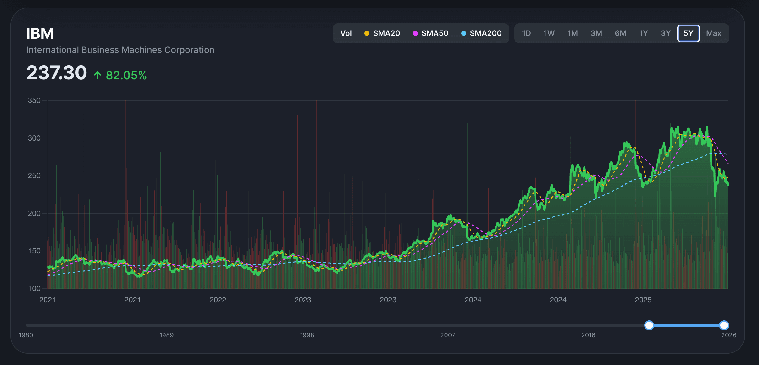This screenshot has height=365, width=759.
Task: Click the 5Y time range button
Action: coord(688,33)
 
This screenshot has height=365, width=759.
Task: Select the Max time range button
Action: coord(714,33)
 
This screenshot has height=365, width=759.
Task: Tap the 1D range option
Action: coord(526,33)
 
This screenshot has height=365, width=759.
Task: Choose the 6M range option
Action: coord(620,33)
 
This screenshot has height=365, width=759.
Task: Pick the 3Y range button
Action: coord(666,33)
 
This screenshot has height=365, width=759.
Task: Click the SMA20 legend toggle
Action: coord(382,33)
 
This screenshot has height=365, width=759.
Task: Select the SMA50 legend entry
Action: coord(430,33)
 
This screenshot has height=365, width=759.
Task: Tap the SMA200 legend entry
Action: coord(481,33)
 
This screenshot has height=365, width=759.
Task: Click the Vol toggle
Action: coord(346,33)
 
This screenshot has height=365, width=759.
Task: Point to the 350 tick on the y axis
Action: coord(34,100)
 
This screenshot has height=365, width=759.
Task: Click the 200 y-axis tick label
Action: coord(34,213)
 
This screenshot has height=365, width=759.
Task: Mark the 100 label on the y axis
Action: coord(34,289)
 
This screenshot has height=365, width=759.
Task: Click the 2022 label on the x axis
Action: coord(218,300)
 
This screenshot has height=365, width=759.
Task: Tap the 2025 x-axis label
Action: coord(643,300)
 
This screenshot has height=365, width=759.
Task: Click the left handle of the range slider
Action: coord(649,325)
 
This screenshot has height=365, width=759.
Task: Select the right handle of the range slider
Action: coord(724,325)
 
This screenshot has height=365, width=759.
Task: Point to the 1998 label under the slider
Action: coord(307,335)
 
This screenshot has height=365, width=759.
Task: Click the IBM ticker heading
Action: coord(40,33)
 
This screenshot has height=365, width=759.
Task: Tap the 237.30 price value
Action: coord(57,73)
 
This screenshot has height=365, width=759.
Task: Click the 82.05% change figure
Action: coord(126,75)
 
